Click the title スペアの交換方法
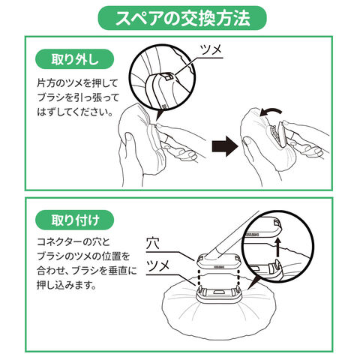coord(182,18)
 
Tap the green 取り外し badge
coord(75,59)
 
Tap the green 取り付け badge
coord(75,220)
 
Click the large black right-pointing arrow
coord(225,146)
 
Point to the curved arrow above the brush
coord(270,111)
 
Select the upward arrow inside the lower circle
coord(277,247)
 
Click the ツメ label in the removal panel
coord(211,49)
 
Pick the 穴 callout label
coord(153,243)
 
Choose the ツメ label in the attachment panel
coord(157,266)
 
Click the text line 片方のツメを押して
coord(77,83)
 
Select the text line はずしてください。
coord(75,112)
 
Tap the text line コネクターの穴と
coord(73,242)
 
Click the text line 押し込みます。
coord(67,285)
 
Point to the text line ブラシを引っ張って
coord(78,97)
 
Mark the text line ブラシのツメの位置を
coord(83,256)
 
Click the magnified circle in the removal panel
coord(163,76)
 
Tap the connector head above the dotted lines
coord(219,262)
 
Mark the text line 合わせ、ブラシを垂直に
coord(87,271)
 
